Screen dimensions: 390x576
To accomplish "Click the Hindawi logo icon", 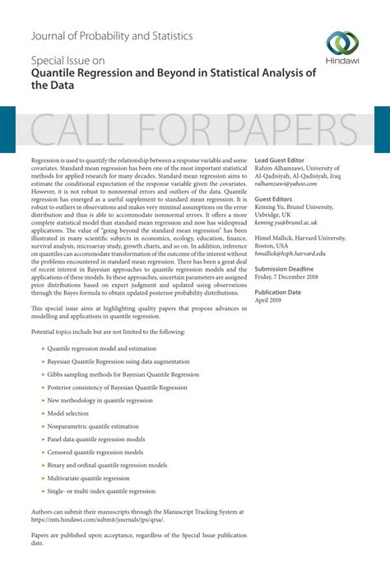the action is coord(341,43).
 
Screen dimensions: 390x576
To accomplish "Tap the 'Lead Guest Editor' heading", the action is coord(280,160).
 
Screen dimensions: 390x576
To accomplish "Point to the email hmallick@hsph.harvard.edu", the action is coord(302,254).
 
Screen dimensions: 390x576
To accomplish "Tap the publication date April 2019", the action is coord(269,301).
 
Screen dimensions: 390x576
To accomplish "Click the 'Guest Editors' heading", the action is coord(275,200).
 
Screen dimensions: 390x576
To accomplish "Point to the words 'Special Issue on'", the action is coord(67,60).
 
